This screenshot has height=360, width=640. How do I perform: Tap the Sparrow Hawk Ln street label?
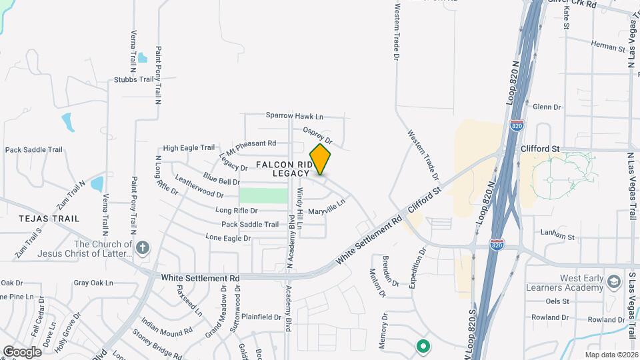294,115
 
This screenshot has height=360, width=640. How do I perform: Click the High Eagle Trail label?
189,148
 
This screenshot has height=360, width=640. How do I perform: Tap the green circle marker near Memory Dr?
422,345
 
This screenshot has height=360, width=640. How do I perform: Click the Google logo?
22,351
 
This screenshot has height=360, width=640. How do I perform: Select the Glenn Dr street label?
547,107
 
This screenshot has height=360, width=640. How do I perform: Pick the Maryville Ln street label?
327,207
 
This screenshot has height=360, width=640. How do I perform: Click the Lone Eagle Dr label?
228,237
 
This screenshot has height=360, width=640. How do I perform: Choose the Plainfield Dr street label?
261,317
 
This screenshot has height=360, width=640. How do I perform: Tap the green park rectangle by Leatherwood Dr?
263,195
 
